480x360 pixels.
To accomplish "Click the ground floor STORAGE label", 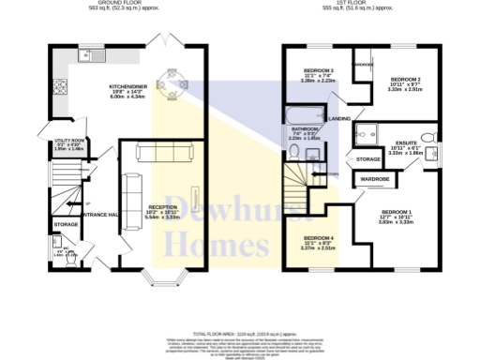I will [66, 225].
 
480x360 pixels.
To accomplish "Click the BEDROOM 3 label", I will [320, 71].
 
